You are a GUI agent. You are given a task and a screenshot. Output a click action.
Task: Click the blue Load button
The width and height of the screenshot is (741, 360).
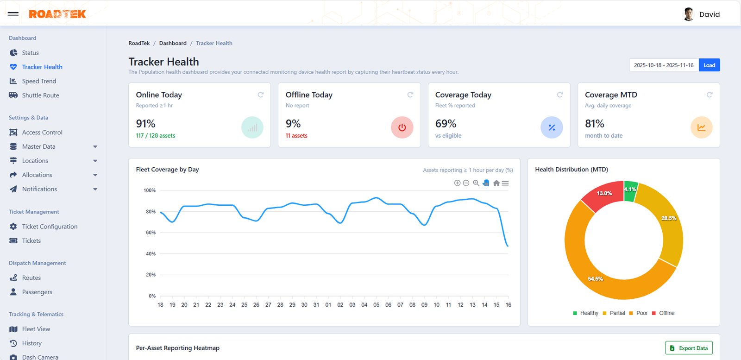click(709, 65)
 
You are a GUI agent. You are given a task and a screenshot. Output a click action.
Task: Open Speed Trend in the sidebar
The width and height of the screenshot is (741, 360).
click(39, 81)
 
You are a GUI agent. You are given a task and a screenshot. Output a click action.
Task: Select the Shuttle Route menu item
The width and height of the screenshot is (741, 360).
click(40, 95)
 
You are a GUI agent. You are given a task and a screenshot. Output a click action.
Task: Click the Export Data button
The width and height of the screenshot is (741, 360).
click(689, 348)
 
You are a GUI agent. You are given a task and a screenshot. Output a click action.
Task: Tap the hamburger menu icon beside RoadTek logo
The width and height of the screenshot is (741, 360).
click(13, 14)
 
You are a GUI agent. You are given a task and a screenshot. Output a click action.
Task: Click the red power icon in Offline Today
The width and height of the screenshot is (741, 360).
click(402, 127)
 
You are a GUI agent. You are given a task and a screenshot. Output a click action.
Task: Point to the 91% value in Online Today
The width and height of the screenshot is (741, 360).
click(145, 124)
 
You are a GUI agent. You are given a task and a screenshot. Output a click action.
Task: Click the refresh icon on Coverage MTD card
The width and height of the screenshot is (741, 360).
click(709, 95)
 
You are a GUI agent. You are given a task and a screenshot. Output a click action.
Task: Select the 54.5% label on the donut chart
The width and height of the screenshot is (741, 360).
click(595, 279)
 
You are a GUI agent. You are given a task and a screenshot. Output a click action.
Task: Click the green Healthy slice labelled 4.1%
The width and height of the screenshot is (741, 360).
click(630, 189)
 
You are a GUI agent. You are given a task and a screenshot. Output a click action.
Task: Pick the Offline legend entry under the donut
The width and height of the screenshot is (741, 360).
click(663, 313)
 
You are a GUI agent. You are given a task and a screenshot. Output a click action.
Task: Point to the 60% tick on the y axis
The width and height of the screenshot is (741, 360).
click(151, 233)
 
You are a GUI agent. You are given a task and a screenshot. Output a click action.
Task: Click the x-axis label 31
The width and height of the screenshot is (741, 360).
click(316, 305)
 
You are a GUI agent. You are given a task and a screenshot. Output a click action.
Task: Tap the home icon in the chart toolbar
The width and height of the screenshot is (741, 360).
click(496, 183)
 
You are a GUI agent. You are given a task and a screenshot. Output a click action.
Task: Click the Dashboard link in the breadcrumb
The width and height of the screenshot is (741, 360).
click(173, 43)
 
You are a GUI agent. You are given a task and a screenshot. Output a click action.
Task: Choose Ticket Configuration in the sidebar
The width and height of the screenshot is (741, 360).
click(50, 227)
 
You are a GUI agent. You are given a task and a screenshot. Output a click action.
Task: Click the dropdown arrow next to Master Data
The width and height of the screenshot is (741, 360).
click(95, 147)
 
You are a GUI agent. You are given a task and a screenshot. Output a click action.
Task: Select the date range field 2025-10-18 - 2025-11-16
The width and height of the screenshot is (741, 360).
click(663, 65)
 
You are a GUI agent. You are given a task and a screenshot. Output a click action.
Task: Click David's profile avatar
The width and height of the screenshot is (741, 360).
click(689, 14)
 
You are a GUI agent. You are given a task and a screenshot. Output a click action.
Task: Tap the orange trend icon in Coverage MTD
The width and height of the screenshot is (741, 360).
click(701, 127)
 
